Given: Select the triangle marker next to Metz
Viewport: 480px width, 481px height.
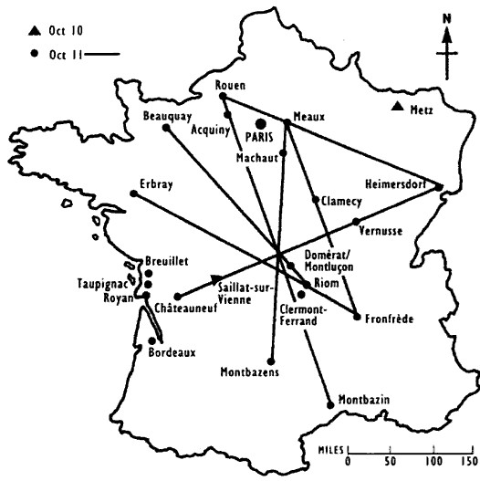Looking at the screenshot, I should click(397, 110).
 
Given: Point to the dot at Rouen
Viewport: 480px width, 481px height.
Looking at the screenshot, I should click(222, 96).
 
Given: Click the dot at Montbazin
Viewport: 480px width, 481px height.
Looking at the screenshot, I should click(329, 403).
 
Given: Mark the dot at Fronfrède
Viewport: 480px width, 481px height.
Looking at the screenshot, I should click(355, 317).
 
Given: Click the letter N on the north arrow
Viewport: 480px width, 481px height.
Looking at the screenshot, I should click(445, 17).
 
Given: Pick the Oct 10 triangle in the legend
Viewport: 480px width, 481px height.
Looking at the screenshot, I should click(34, 30).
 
